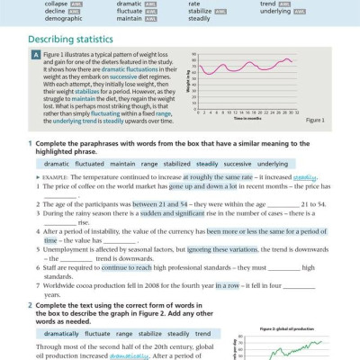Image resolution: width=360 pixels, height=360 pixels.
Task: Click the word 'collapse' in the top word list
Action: pos(44,4)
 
